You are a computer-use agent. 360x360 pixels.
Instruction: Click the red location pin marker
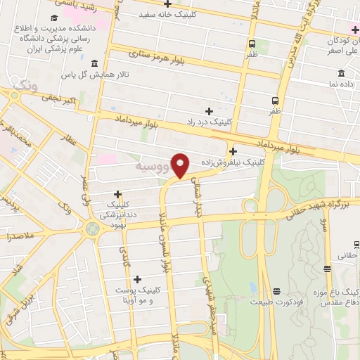[181, 166]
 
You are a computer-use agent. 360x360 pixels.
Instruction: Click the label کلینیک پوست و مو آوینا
[136, 295]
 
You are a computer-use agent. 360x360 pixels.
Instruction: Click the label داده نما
[342, 84]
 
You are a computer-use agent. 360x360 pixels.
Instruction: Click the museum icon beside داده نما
[342, 73]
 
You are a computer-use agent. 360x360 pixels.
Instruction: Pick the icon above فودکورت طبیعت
[276, 291]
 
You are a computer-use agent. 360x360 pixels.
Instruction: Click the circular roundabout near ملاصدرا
[92, 228]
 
